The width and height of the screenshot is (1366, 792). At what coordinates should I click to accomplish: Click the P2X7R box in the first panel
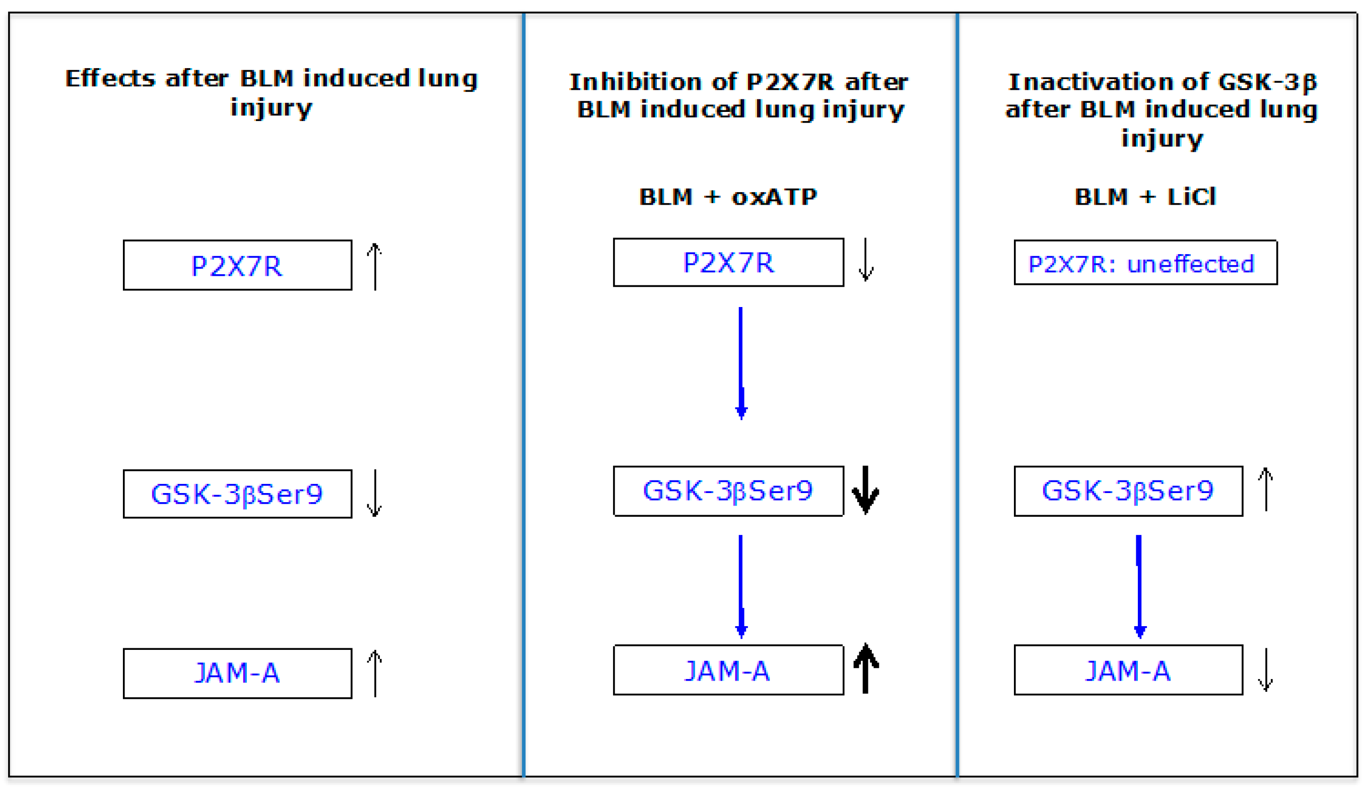coord(237,265)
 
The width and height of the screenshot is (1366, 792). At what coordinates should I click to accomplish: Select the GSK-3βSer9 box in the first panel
coord(237,494)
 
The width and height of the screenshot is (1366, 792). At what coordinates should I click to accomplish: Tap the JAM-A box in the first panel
coord(237,673)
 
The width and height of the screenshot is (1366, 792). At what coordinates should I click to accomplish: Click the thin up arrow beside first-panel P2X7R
coord(375,266)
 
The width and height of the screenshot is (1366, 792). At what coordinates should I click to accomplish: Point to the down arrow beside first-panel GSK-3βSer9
coord(375,493)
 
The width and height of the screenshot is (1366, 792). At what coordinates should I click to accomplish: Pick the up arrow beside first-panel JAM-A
coord(375,673)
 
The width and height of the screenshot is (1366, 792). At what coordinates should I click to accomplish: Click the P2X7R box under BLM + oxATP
coord(728,263)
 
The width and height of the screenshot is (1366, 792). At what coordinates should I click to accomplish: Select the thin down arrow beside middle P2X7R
coord(866,259)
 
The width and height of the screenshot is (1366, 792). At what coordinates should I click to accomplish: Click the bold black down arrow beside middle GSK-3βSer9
coord(866,490)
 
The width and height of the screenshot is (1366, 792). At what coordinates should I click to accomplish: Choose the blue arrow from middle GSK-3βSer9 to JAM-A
coord(741,586)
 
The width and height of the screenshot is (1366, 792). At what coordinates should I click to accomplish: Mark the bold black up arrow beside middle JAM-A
coord(866,669)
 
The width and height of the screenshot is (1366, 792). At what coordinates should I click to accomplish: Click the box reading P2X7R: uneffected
coord(1145,263)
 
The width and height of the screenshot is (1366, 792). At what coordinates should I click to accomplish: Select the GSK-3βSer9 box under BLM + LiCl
coord(1128,491)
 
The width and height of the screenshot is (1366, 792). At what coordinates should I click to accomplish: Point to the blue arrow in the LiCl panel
coord(1139,586)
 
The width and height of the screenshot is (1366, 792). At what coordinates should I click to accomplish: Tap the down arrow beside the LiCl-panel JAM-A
coord(1266,670)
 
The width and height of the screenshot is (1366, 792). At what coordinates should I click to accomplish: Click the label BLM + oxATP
coord(728,197)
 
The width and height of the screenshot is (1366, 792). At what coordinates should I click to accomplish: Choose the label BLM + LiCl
coord(1145,197)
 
